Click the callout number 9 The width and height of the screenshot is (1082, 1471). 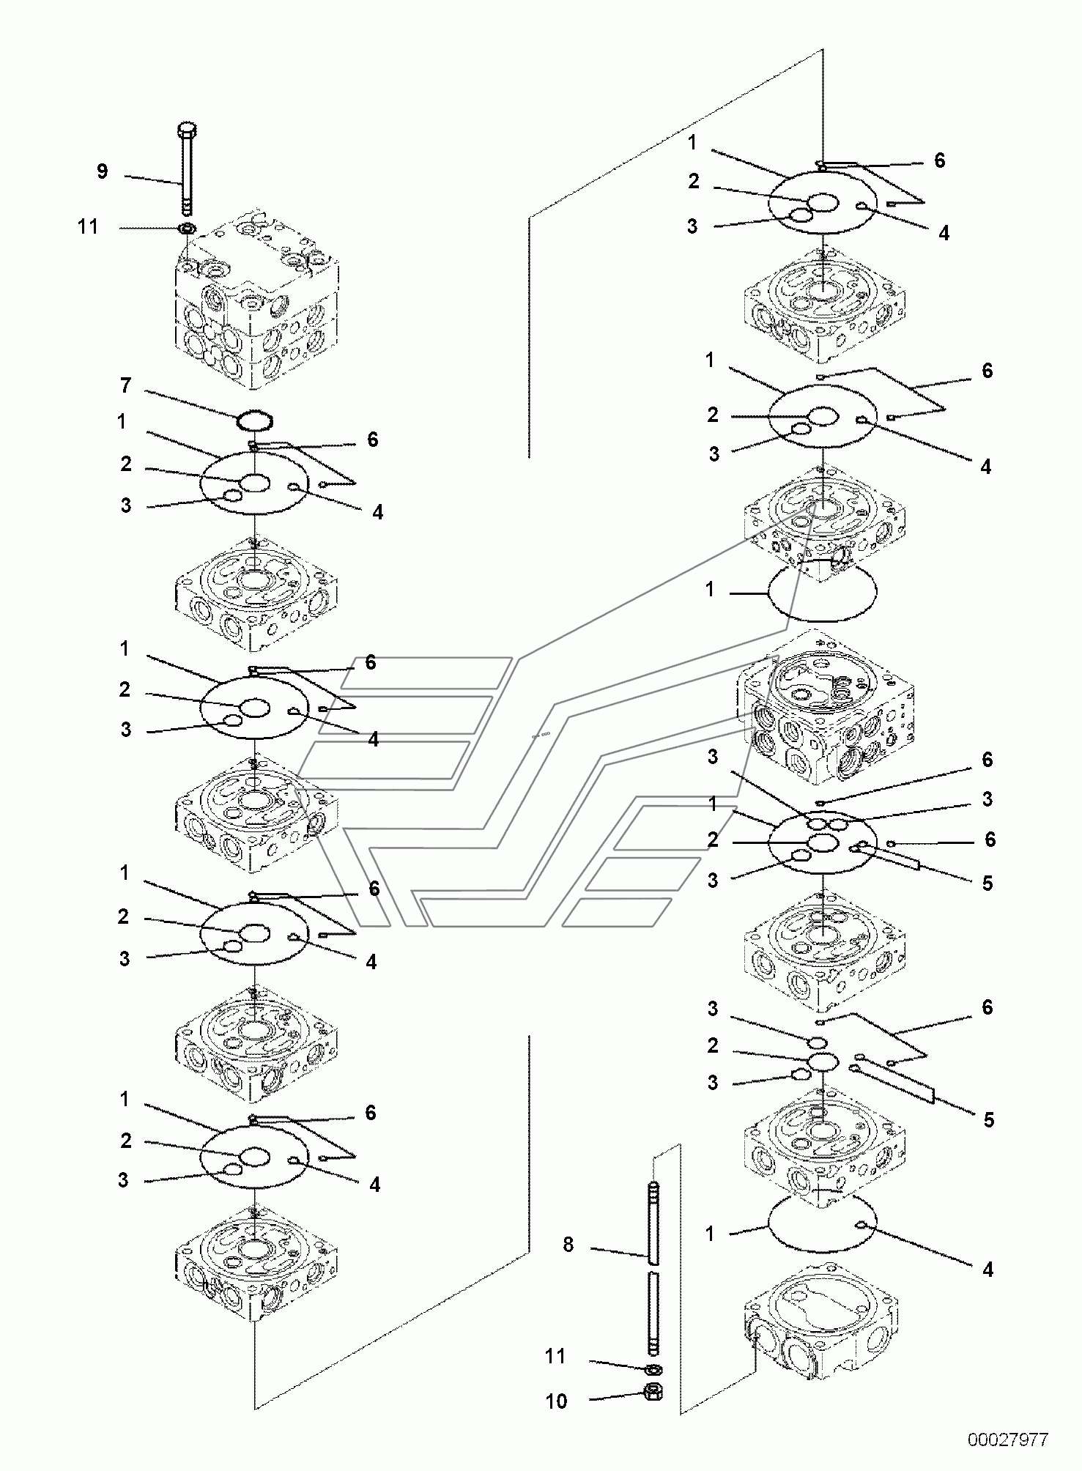(x=102, y=171)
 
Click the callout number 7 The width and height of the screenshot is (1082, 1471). (x=125, y=385)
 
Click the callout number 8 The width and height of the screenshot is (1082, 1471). (x=568, y=1245)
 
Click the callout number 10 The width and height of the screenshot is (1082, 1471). (x=556, y=1401)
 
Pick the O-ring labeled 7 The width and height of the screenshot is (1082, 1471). (x=254, y=422)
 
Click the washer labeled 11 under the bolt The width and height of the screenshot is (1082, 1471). (x=187, y=229)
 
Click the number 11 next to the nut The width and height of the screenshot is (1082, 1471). (x=555, y=1357)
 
